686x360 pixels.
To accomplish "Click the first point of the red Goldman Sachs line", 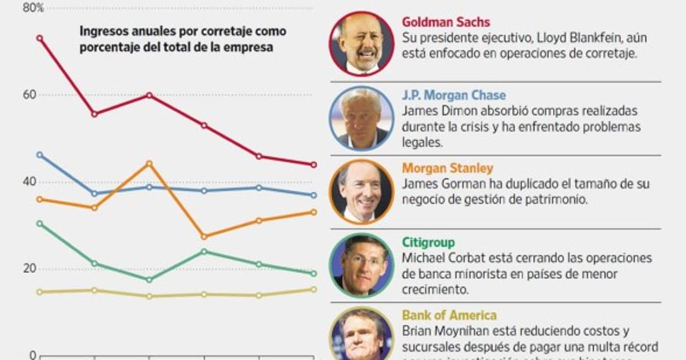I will click(x=39, y=38).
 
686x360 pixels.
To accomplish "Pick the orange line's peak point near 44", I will click(x=150, y=163).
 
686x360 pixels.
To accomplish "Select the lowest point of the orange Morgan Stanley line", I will click(x=205, y=236).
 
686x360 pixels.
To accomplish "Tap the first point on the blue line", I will click(x=39, y=154).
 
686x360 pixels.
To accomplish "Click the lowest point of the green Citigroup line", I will click(x=150, y=279).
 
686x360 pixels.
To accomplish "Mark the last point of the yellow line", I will click(x=313, y=289).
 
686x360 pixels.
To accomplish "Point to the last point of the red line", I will click(x=313, y=165).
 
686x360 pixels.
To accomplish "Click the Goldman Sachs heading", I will click(x=446, y=22).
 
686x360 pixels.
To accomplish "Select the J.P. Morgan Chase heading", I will click(x=454, y=95).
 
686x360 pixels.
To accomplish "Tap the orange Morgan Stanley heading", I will click(x=448, y=168).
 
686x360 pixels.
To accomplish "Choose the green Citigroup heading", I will click(x=429, y=242).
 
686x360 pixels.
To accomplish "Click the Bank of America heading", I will click(x=449, y=315).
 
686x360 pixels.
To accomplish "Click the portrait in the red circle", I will click(x=361, y=43).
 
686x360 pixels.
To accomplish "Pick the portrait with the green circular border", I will click(x=361, y=264).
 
